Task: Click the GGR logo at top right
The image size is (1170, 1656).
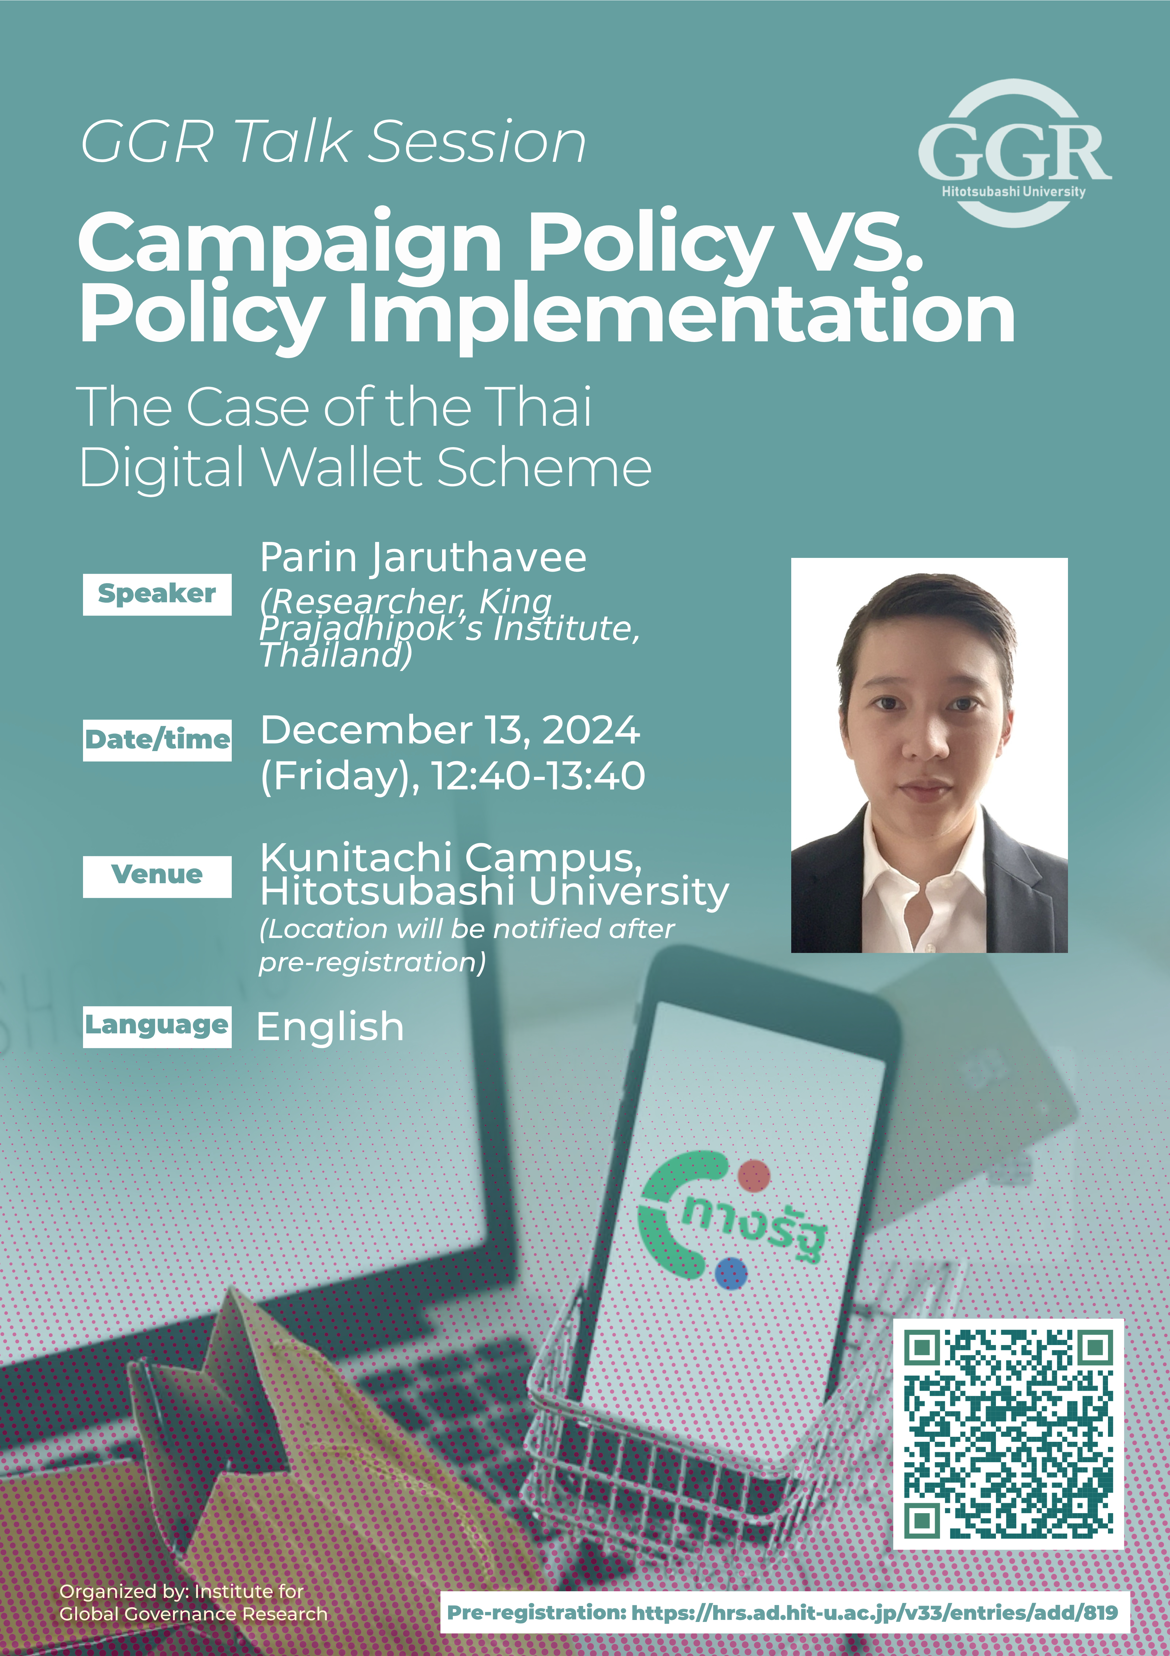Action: [x=1014, y=153]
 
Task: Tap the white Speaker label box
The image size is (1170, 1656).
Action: [x=157, y=594]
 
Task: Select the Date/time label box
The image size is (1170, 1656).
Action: [x=157, y=740]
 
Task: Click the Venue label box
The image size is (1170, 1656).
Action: [x=157, y=876]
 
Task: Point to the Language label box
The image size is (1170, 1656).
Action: [x=157, y=1026]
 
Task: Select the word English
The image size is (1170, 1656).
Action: [x=330, y=1027]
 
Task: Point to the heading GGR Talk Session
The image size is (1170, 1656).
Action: [x=333, y=142]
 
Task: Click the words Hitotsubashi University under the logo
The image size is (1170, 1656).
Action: [x=1013, y=192]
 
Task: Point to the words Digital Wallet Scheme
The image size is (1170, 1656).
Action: [x=365, y=468]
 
